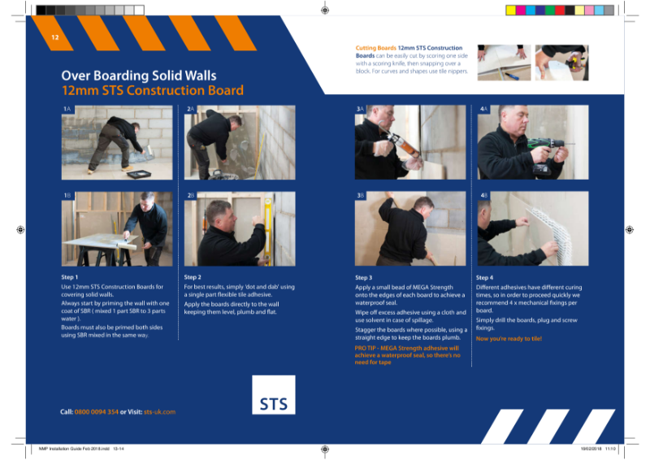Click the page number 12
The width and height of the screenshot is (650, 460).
[55, 38]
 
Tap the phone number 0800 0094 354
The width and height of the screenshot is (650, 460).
[97, 412]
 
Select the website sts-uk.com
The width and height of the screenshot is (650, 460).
[159, 412]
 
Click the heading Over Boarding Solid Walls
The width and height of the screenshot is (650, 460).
[128, 75]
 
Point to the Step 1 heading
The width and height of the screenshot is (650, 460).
[70, 277]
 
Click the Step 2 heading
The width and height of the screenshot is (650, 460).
[193, 277]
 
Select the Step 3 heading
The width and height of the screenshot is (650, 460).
[364, 277]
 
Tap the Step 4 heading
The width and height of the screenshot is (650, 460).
[484, 277]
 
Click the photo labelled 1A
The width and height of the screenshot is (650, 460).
[117, 146]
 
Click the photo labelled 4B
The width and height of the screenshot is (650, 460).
[532, 229]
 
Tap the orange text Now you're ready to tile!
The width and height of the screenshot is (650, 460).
[509, 338]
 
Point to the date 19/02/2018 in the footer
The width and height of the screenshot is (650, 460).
[590, 448]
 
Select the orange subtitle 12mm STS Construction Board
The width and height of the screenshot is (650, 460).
[152, 90]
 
